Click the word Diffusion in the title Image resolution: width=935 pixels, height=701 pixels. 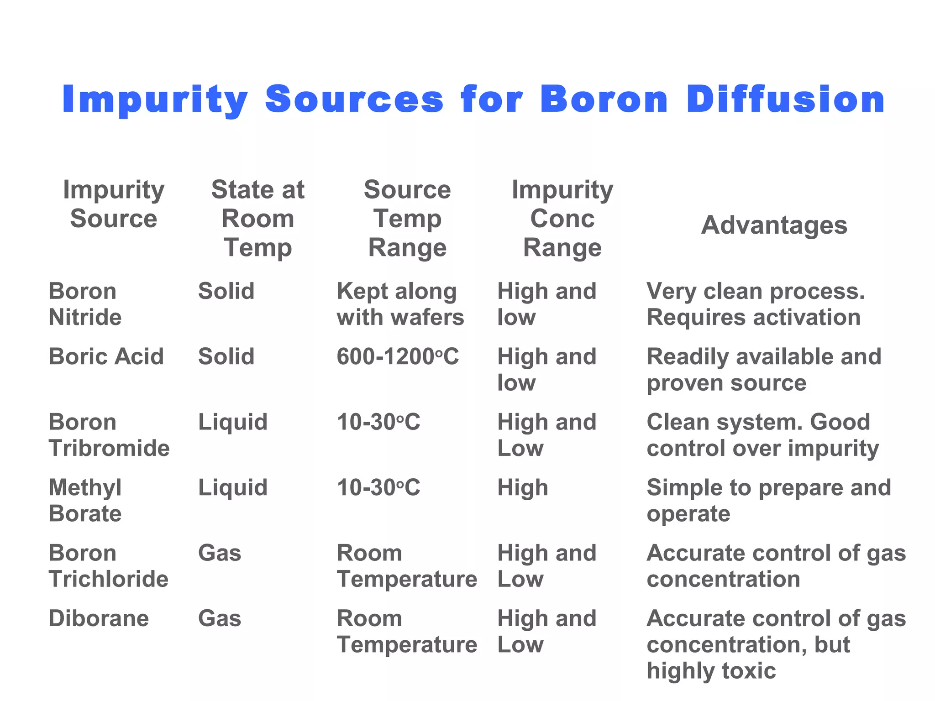785,99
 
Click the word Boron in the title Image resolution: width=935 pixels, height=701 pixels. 604,99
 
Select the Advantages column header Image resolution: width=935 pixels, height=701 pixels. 774,225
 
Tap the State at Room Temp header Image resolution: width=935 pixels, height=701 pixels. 257,219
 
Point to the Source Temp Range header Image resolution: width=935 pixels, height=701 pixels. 407,219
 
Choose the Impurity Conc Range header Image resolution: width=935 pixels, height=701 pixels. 562,219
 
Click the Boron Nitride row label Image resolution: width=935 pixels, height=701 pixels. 85,304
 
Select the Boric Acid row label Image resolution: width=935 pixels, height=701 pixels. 106,356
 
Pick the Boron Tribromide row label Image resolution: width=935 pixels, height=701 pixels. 109,435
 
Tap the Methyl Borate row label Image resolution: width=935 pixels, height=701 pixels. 85,501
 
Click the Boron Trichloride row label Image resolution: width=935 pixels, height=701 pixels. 109,566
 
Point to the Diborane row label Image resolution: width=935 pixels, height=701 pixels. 99,618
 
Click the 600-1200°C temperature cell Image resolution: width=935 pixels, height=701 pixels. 398,356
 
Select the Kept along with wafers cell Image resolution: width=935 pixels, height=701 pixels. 400,304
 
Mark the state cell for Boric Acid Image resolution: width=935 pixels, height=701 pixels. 226,356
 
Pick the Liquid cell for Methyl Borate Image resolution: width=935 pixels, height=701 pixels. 232,487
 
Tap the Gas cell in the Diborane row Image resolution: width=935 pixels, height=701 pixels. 220,618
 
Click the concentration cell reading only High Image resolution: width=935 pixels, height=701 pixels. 523,487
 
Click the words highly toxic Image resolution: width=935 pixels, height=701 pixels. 711,671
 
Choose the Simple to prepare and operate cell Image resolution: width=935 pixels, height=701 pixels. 769,501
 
